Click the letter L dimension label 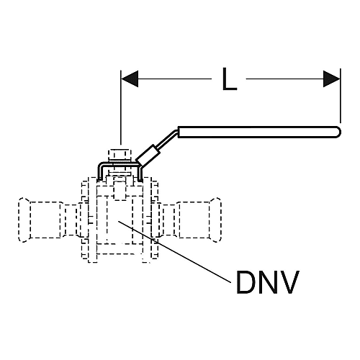coord(230,78)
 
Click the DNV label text coord(268,282)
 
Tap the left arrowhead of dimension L coord(130,78)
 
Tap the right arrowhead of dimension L coord(331,78)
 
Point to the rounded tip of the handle coord(338,132)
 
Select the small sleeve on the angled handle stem coord(148,155)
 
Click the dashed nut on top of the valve coord(120,155)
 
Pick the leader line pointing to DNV coord(174,251)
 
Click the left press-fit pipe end coord(40,220)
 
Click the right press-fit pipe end coord(199,220)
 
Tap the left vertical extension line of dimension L coord(121,107)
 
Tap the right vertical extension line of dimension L coord(341,96)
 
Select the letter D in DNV coord(246,282)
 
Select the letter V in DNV coord(289,282)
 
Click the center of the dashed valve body coord(120,220)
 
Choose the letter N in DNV coord(268,282)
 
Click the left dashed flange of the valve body coord(89,220)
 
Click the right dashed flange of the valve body coord(150,220)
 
